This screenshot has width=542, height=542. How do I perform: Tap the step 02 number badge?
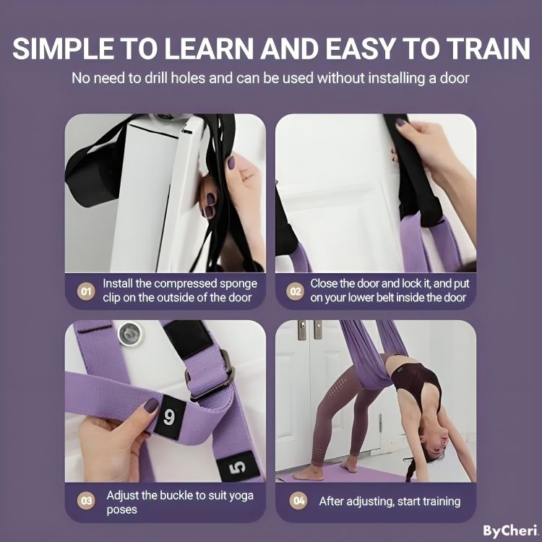[x=295, y=292]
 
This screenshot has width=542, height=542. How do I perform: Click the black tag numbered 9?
[x=168, y=417]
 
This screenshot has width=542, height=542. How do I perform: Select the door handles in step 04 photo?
[x=306, y=331]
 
